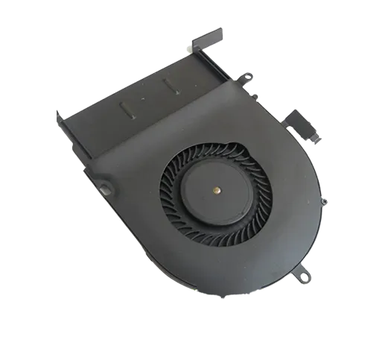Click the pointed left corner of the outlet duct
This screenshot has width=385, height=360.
tap(59, 113)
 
